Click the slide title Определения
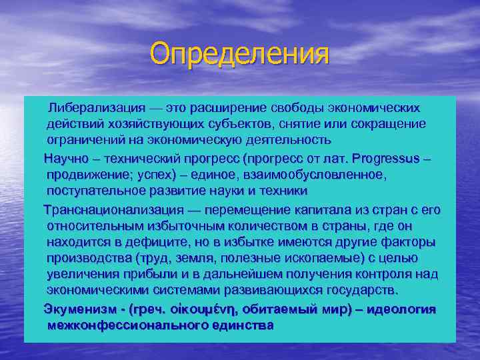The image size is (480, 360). coord(240,53)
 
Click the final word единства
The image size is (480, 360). coord(243,325)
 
